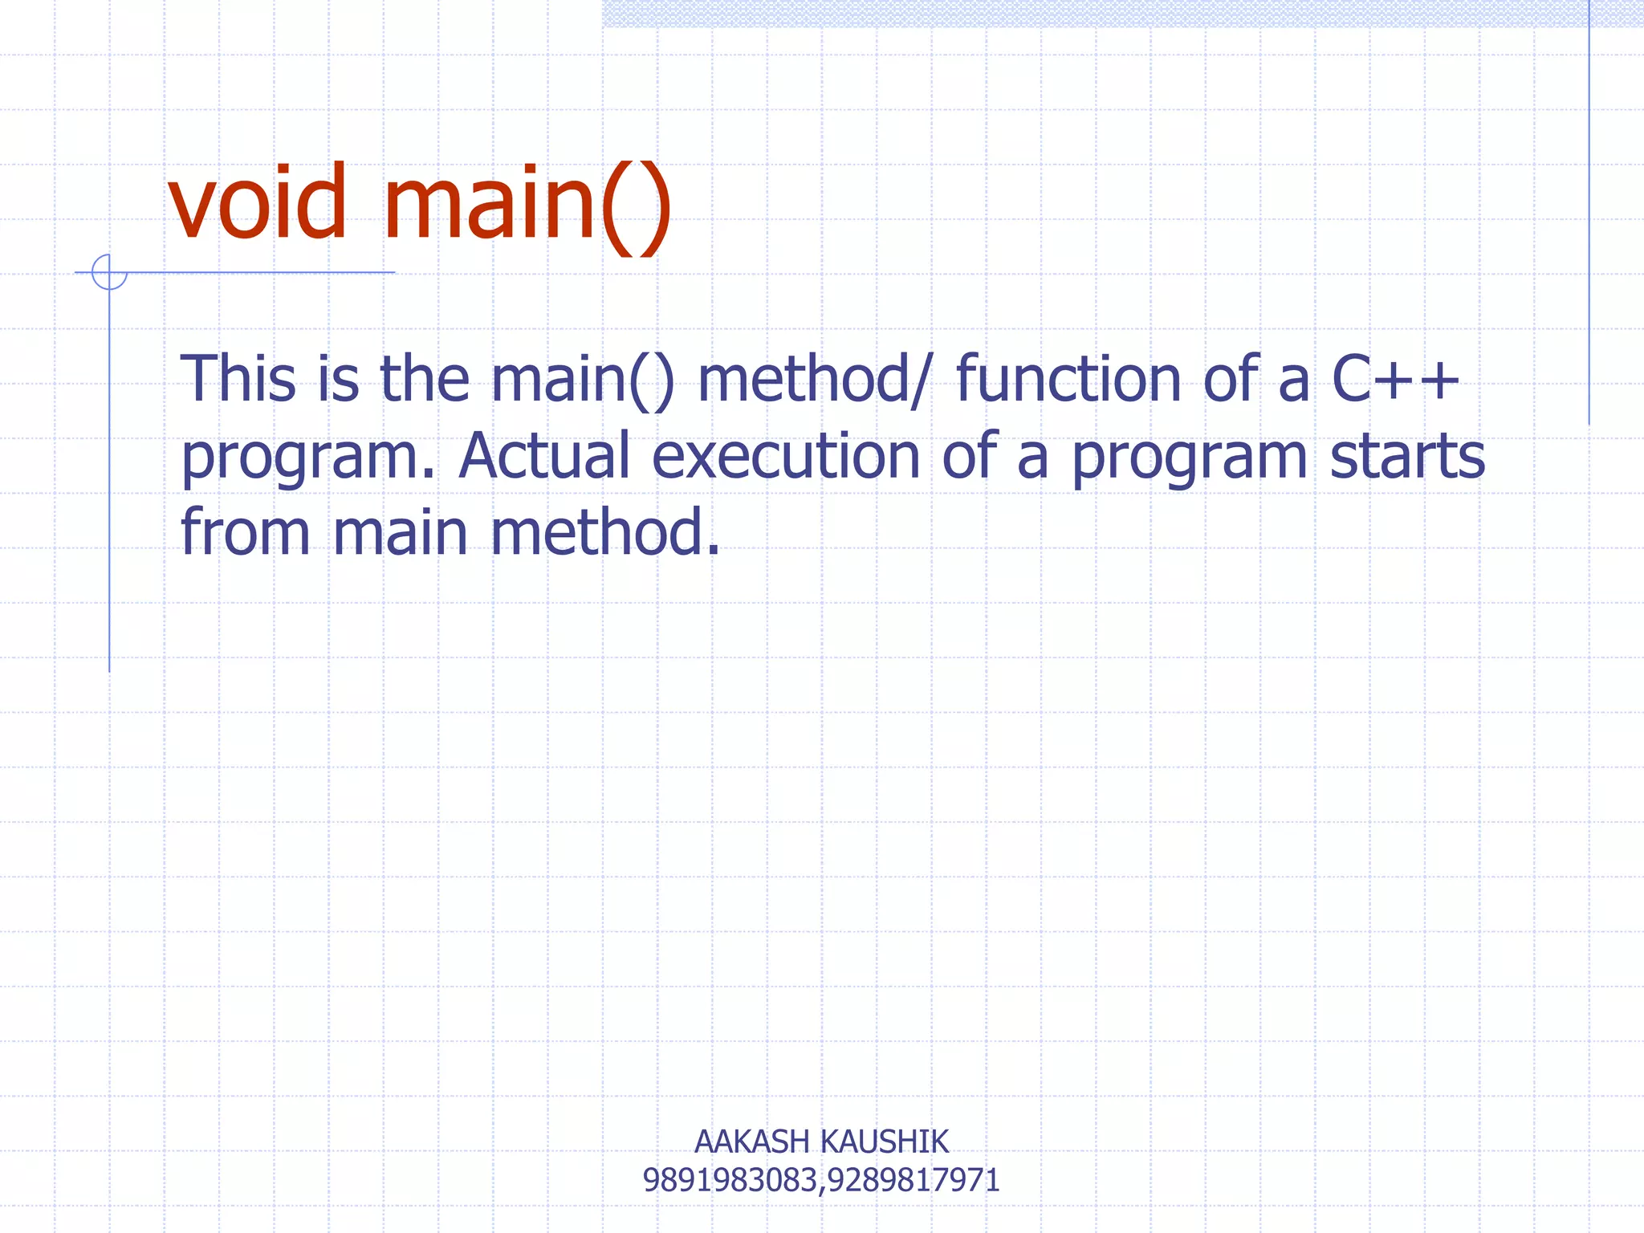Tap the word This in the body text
pyautogui.click(x=238, y=379)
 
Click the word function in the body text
pyautogui.click(x=1068, y=379)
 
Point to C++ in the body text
pyautogui.click(x=1395, y=379)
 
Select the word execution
pyautogui.click(x=786, y=456)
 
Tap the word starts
pyautogui.click(x=1407, y=456)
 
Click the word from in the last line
pyautogui.click(x=245, y=532)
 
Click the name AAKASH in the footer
pyautogui.click(x=751, y=1141)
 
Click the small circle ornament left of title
pyautogui.click(x=109, y=272)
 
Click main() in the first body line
pyautogui.click(x=583, y=379)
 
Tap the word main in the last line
pyautogui.click(x=400, y=532)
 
